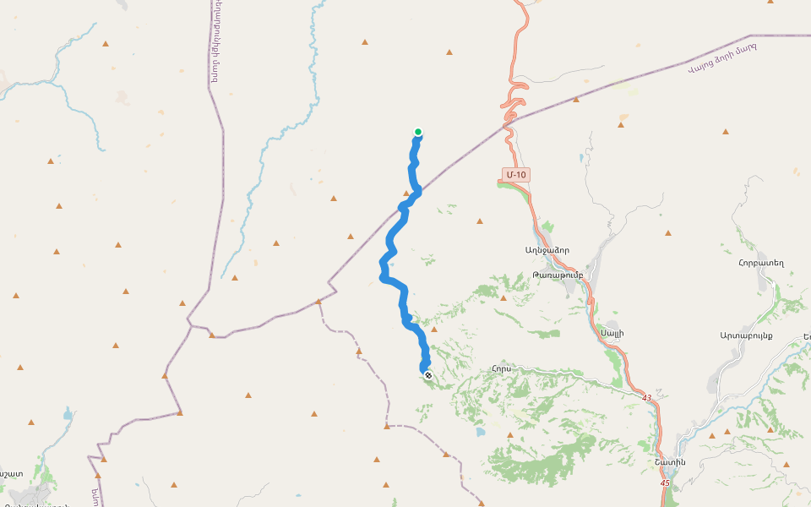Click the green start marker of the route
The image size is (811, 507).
[418, 131]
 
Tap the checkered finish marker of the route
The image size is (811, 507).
[428, 375]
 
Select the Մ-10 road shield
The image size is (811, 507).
[514, 175]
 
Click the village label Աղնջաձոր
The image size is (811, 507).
[547, 250]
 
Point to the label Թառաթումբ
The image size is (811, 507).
[558, 275]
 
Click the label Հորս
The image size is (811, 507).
[501, 368]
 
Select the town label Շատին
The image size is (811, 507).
[668, 461]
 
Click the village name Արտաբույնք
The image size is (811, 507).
[747, 335]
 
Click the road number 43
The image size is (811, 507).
[646, 397]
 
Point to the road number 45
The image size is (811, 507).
[665, 482]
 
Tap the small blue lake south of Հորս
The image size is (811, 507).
[480, 432]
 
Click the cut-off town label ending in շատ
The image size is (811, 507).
[12, 474]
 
